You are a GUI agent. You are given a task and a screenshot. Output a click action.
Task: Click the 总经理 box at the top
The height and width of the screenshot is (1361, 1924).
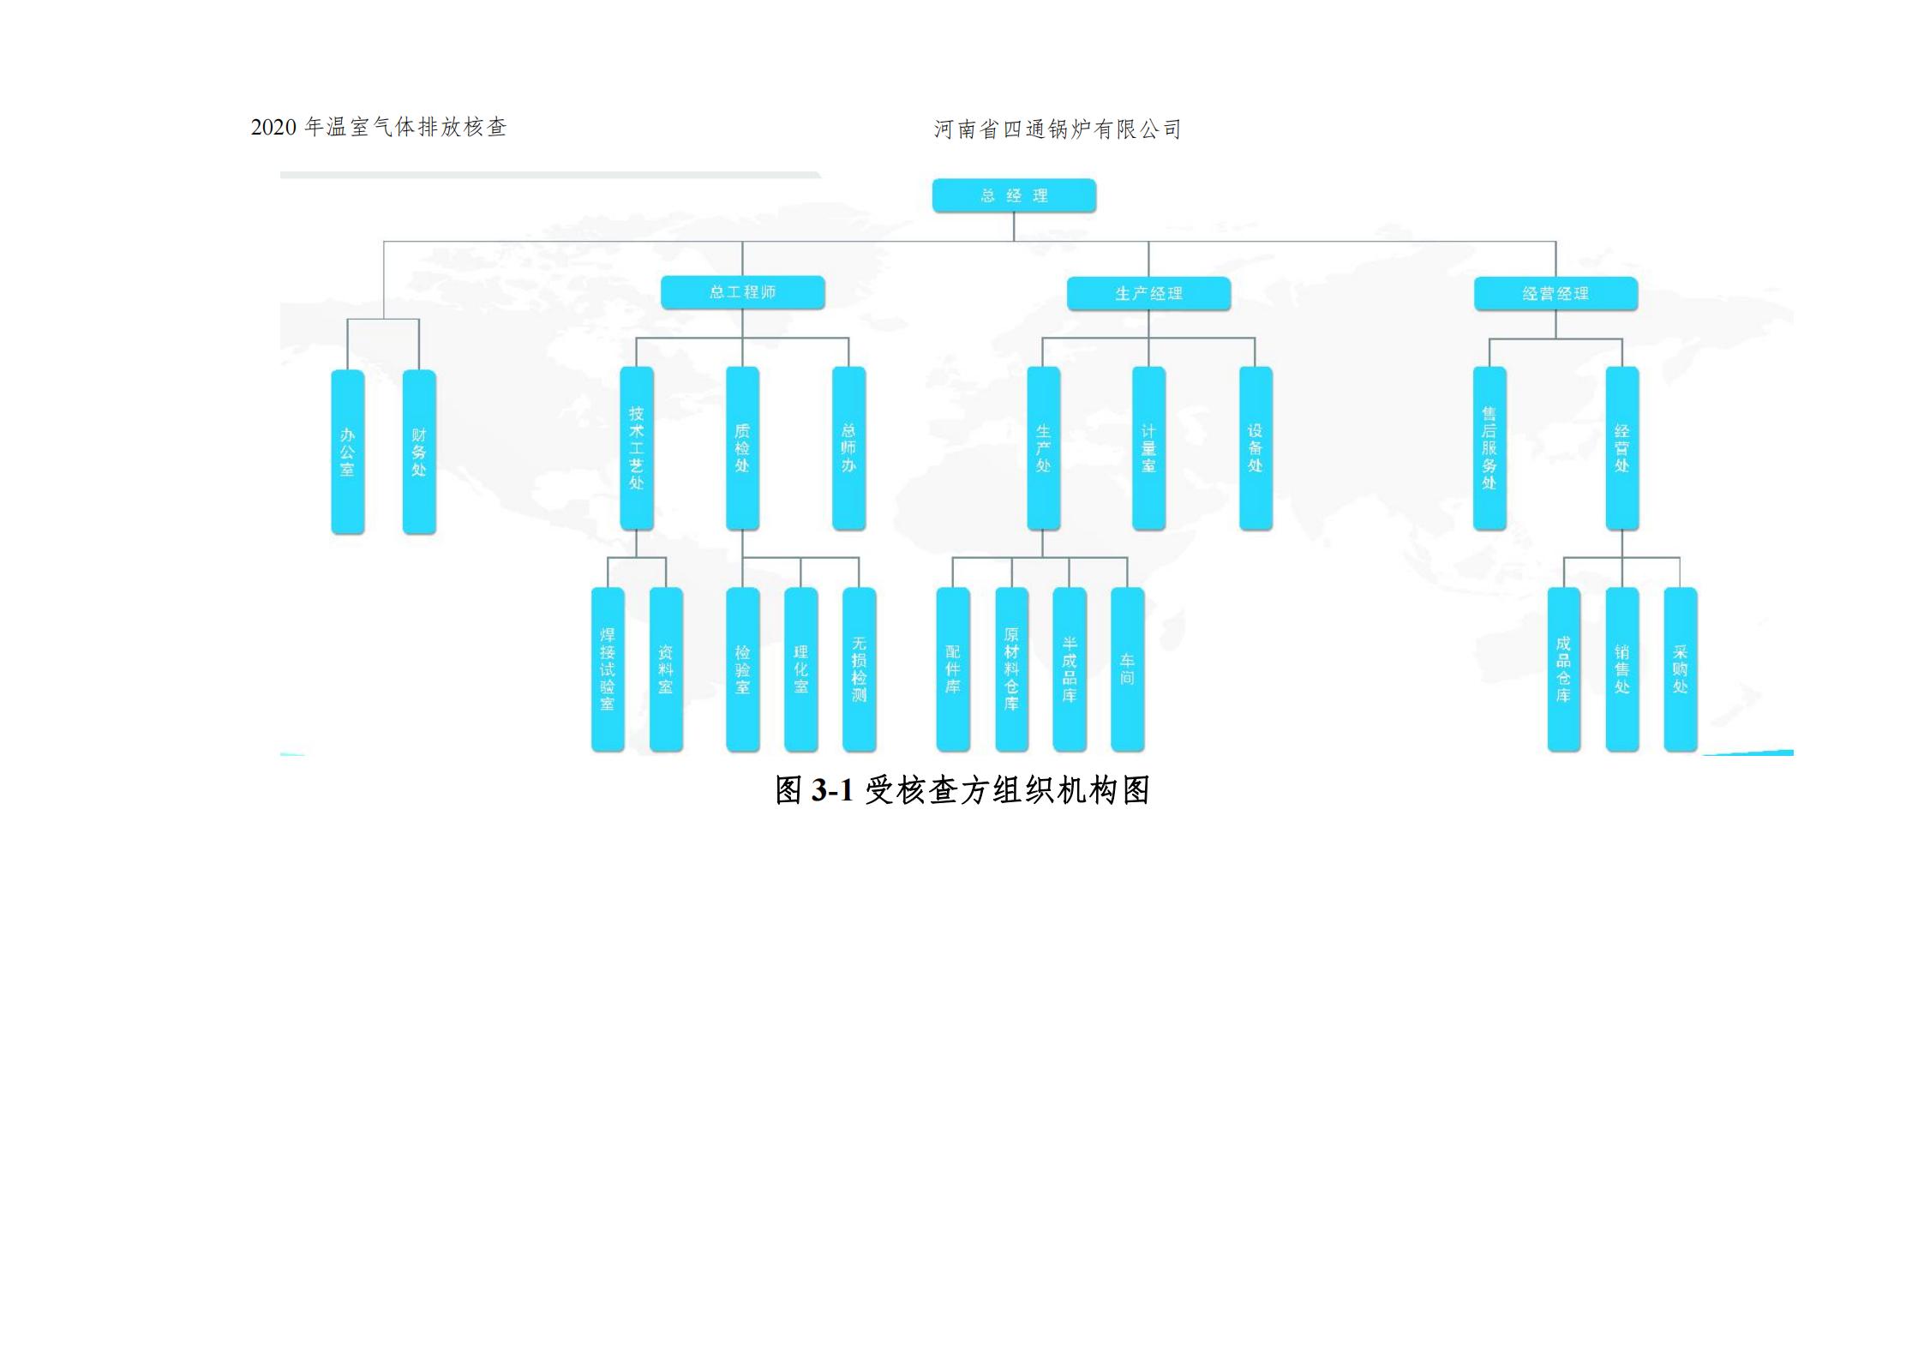click(1013, 195)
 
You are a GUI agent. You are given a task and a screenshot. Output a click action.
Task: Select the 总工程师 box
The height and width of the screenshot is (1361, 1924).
click(742, 292)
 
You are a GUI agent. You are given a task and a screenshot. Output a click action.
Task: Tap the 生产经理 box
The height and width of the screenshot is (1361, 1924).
click(1148, 294)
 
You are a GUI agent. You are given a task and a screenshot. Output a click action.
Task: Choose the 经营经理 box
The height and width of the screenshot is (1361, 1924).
click(1555, 294)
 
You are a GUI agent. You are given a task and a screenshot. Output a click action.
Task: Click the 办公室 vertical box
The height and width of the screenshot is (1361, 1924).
click(347, 452)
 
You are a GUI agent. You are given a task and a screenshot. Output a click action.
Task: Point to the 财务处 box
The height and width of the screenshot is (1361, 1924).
click(419, 452)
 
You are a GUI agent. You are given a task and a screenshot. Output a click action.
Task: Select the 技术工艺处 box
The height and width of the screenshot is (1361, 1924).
click(636, 448)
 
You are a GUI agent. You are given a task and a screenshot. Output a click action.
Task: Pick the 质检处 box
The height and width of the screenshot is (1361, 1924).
click(742, 448)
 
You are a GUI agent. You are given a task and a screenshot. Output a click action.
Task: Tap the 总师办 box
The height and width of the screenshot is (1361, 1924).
click(848, 448)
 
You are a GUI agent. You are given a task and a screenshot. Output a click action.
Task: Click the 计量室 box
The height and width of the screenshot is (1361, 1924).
click(1148, 448)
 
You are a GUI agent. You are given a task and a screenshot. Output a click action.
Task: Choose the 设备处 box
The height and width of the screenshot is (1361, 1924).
click(1256, 448)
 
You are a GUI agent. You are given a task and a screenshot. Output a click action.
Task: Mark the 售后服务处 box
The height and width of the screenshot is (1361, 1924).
click(1489, 448)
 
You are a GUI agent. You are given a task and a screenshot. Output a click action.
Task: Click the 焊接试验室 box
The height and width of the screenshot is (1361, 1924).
click(608, 669)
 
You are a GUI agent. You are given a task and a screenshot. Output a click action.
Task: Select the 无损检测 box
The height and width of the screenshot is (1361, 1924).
click(859, 669)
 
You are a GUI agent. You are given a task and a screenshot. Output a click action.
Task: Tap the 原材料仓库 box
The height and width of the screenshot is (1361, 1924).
click(1011, 669)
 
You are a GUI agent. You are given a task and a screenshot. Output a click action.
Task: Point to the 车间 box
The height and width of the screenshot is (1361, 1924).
click(1127, 669)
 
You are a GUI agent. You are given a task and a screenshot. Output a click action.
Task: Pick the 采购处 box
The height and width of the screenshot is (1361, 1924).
click(1680, 669)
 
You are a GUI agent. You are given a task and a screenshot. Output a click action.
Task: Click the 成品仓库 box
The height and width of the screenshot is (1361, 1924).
click(1563, 669)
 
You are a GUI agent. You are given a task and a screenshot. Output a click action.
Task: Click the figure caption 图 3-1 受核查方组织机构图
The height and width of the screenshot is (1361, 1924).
click(962, 790)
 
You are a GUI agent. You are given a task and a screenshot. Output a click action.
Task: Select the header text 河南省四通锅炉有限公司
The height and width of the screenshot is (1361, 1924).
click(1058, 129)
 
